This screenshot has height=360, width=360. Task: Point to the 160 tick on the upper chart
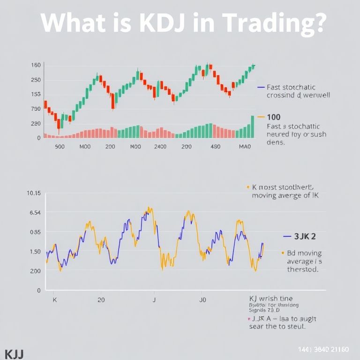[x=36, y=65]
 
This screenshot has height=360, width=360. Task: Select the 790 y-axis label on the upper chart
[x=36, y=109]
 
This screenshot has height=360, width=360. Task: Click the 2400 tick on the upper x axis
[x=160, y=146]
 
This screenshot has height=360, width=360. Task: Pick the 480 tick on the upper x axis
[x=215, y=146]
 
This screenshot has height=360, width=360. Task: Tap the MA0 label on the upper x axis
[x=245, y=146]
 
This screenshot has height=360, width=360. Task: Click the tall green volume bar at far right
[x=252, y=127]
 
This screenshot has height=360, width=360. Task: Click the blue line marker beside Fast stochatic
[x=261, y=87]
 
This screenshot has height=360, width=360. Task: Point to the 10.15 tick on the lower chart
[x=34, y=193]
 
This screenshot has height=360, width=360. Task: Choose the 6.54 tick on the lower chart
[x=35, y=213]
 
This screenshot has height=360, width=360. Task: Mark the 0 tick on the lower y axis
[x=38, y=291]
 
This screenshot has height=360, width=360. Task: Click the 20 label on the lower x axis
[x=101, y=299]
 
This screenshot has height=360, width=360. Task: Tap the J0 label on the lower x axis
[x=203, y=299]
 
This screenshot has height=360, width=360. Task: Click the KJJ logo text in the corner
[x=14, y=353]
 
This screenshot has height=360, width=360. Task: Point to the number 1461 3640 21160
[x=323, y=350]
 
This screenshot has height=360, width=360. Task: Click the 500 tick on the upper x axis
[x=60, y=146]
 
